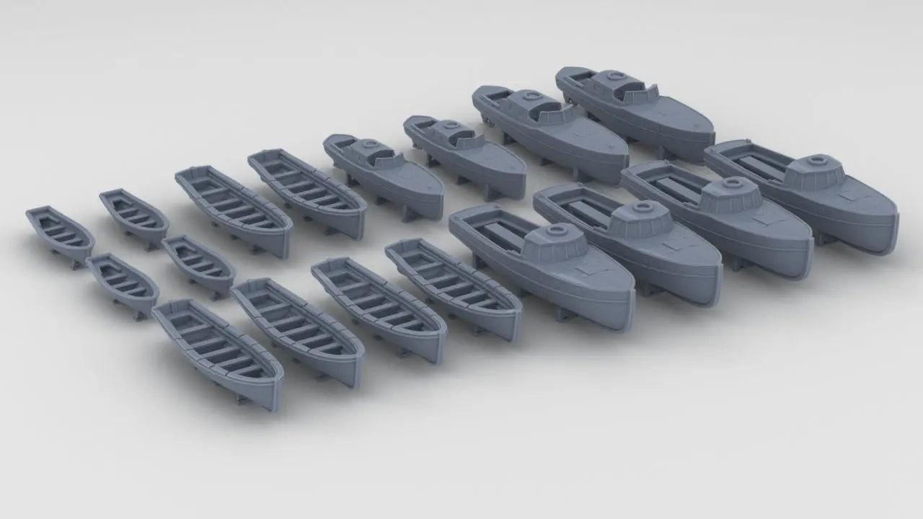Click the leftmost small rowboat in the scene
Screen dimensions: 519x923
[x=60, y=235]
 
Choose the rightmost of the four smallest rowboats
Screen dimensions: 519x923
[x=198, y=265]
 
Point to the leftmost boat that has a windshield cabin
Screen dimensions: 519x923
[x=382, y=173]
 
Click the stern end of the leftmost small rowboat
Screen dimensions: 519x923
[x=32, y=215]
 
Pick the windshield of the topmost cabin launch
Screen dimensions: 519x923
[x=634, y=90]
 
